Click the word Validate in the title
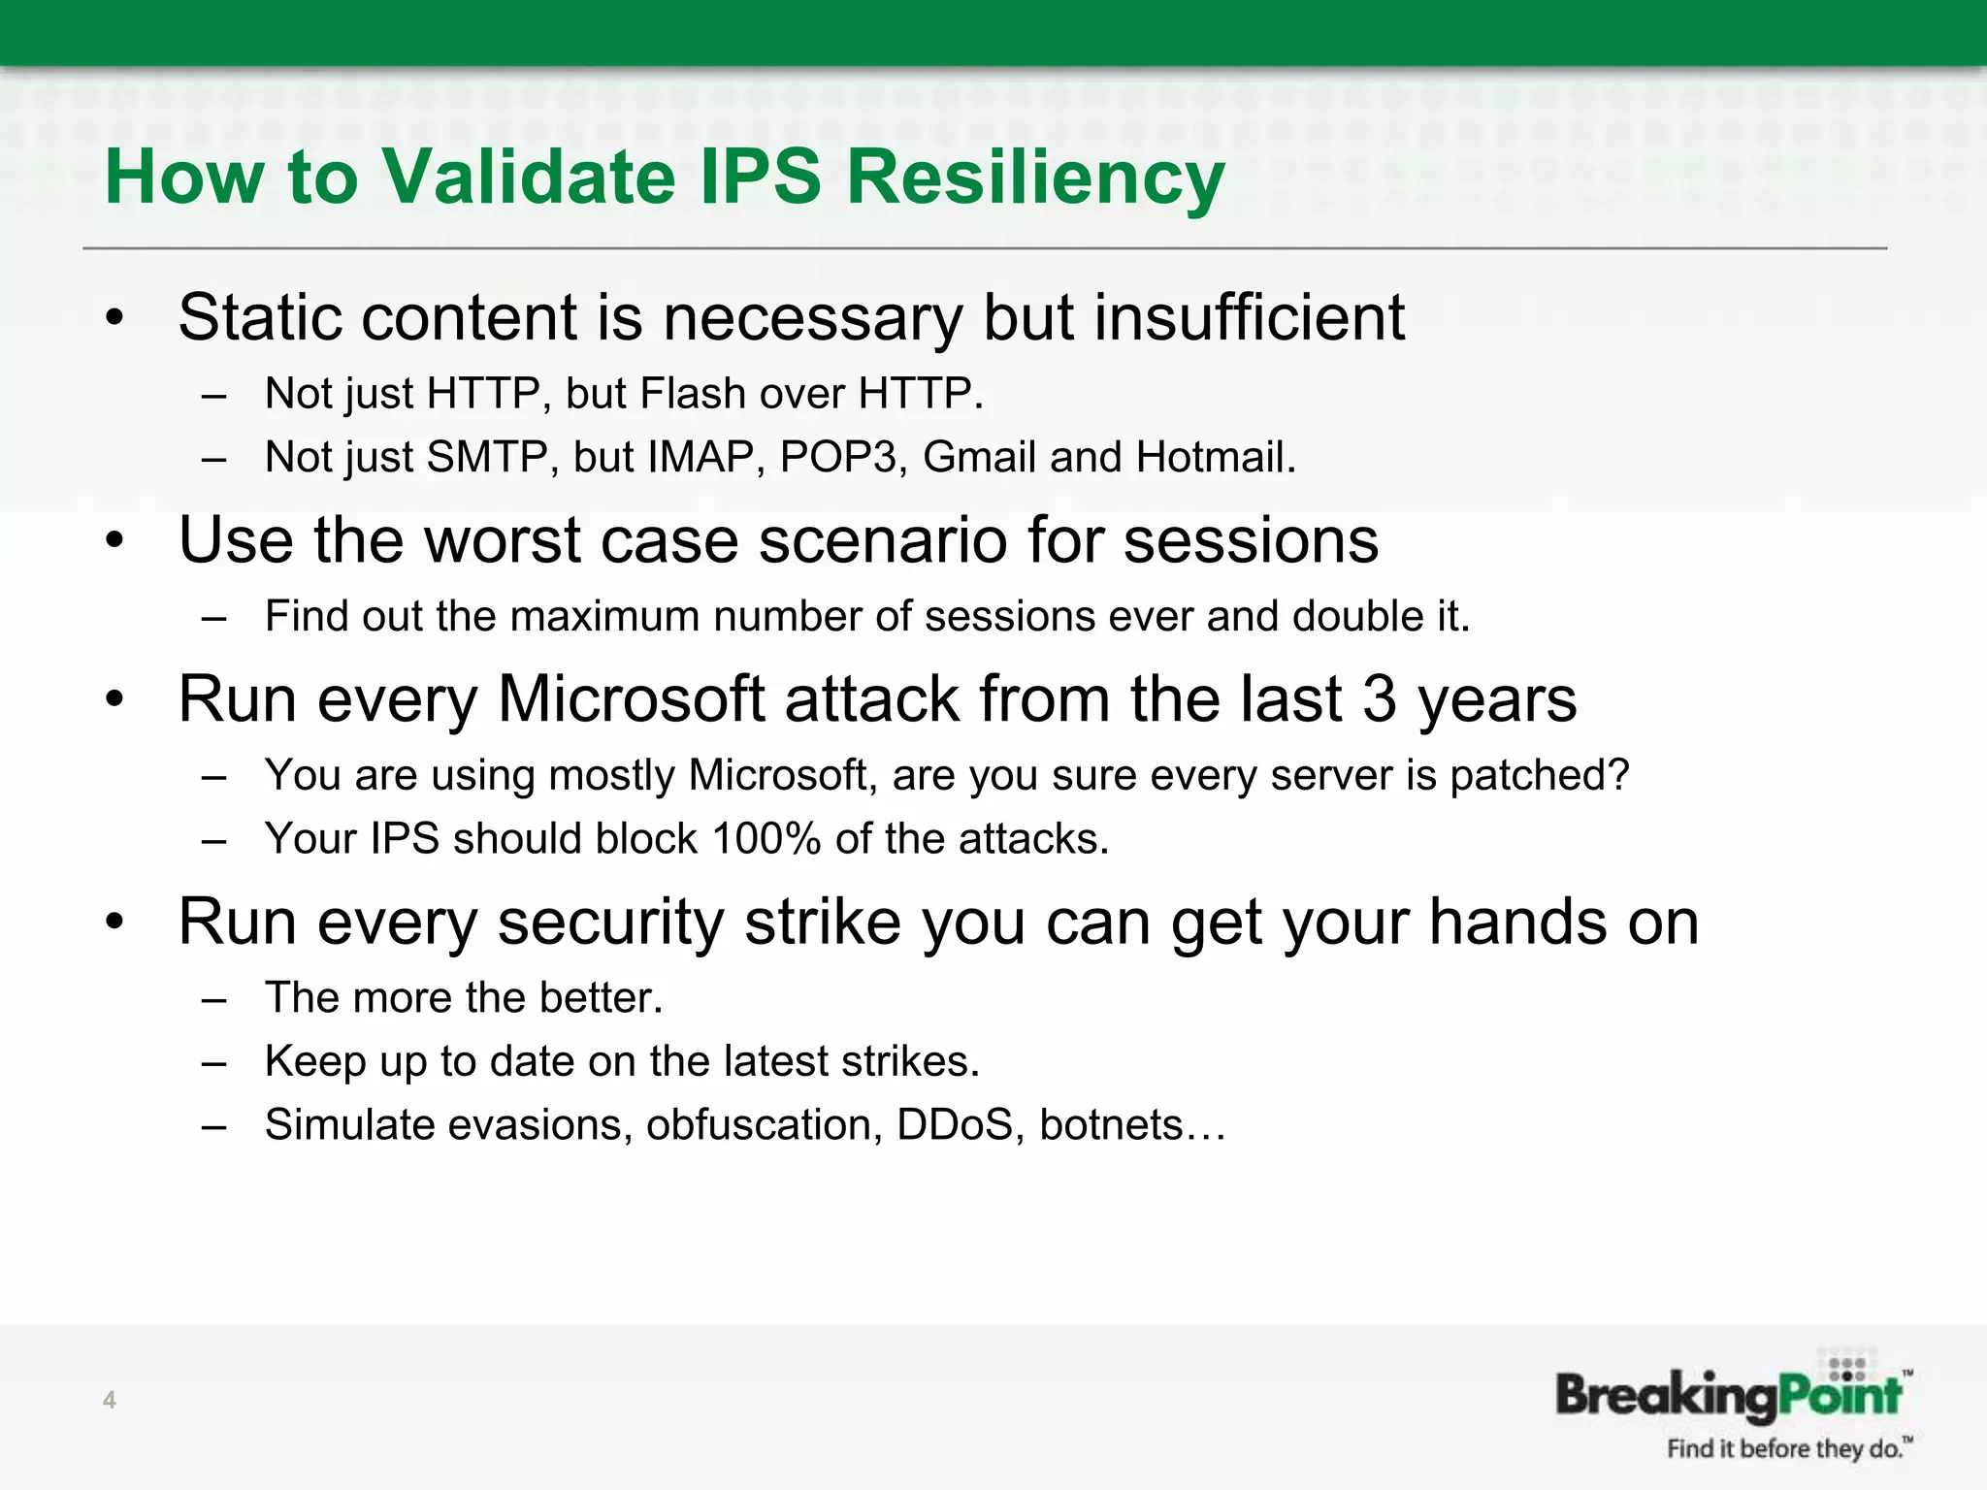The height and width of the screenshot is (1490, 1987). coord(528,177)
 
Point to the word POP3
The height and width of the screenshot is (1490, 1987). coord(837,457)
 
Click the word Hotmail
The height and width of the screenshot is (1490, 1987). coord(1215,457)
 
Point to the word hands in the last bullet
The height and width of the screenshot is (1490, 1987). coord(1516,922)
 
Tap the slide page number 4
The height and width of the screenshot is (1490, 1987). coord(110,1400)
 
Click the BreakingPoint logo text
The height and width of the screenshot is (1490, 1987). coord(1728,1395)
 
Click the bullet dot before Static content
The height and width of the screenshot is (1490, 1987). coord(115,318)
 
